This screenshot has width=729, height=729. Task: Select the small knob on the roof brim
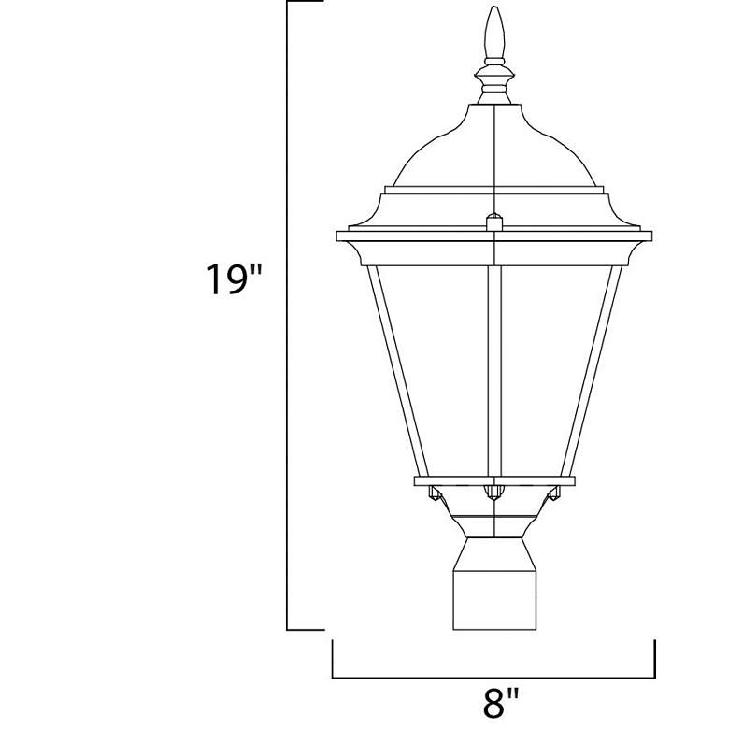click(x=494, y=222)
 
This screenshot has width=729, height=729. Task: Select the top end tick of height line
click(x=305, y=3)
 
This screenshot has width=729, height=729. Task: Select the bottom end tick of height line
click(x=305, y=629)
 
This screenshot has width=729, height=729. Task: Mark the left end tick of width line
click(x=334, y=658)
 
